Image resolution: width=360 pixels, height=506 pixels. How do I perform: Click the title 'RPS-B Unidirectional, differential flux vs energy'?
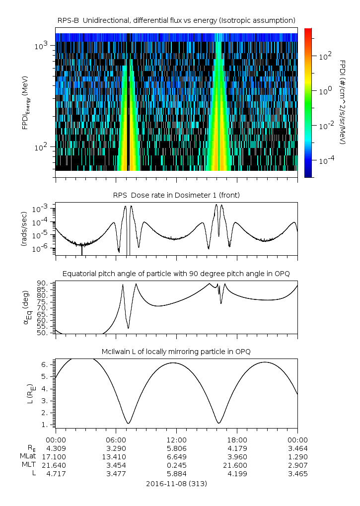[176, 20]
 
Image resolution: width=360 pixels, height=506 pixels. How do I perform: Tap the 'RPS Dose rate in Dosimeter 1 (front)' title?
[176, 195]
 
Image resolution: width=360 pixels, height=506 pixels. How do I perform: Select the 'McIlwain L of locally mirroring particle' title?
[176, 352]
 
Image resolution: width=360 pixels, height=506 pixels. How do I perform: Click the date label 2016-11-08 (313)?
[176, 483]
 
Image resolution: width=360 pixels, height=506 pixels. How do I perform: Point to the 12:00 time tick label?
[176, 439]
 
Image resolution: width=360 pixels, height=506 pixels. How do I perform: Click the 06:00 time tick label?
[116, 439]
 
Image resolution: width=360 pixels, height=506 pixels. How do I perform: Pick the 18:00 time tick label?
[237, 439]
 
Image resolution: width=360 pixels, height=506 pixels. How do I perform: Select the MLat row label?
[27, 456]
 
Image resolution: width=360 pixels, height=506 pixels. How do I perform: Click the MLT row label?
[30, 465]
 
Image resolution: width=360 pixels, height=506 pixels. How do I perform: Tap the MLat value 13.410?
[116, 456]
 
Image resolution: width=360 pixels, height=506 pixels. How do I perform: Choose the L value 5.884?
[176, 474]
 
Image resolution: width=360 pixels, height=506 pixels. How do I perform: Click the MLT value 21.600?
[237, 465]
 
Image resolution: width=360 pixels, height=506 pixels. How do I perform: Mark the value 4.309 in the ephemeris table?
[56, 448]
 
